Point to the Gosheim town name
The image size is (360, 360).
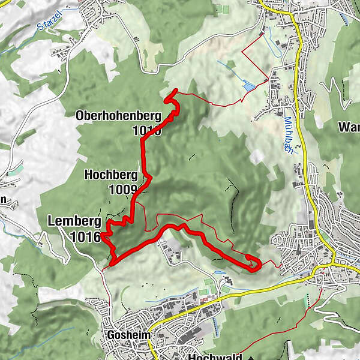(124, 335)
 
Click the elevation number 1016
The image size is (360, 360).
(85, 236)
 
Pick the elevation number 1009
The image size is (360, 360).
(122, 190)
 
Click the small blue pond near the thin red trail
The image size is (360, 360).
(248, 87)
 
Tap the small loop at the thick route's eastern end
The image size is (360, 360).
(253, 262)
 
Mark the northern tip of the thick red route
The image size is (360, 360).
(175, 91)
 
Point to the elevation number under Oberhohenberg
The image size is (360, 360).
(148, 131)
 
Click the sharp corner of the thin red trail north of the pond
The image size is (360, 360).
(242, 53)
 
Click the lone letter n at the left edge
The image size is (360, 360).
(3, 200)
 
